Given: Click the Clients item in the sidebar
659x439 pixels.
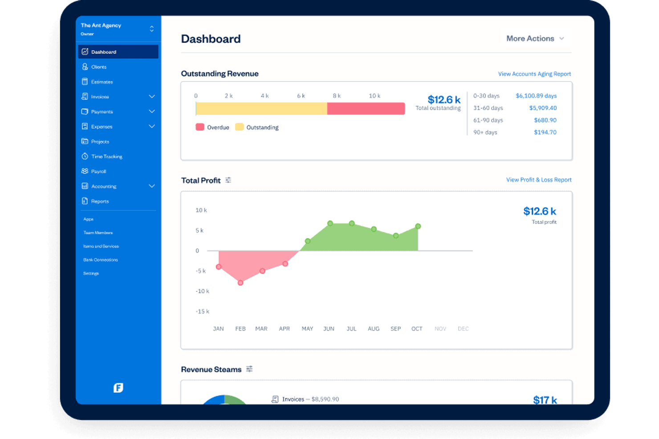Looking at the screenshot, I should [98, 67].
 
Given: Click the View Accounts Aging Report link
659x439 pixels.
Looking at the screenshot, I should [534, 74].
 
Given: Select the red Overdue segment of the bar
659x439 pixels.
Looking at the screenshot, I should [366, 109].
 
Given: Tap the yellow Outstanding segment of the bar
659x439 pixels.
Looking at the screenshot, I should [261, 109].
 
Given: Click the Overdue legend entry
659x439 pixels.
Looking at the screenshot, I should [212, 127].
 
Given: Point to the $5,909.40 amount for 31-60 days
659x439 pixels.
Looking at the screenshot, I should [543, 108].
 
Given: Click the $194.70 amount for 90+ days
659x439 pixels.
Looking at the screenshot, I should [545, 132].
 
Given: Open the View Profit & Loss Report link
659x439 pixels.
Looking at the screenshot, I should [538, 180].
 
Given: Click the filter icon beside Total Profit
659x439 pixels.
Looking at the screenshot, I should [228, 180].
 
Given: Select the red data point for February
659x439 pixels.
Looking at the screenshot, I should [240, 282].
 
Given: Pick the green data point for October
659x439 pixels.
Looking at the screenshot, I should [418, 226].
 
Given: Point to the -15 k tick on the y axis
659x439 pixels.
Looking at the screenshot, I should [202, 311].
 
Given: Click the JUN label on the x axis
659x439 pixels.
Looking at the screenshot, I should [329, 329].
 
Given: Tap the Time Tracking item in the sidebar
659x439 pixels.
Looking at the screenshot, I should [106, 157].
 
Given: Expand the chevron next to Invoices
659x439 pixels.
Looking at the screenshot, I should [152, 97].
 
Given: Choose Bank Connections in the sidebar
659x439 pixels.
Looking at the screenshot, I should [101, 260].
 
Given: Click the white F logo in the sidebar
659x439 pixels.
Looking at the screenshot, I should [118, 388].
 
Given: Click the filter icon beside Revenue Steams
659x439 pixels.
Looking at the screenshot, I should [249, 369].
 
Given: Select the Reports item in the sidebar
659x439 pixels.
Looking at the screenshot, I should [100, 201].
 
